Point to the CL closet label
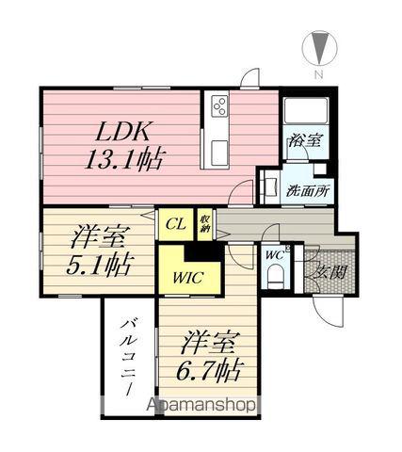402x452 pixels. pos(175,223)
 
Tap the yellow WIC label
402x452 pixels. pos(185,277)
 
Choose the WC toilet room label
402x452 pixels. pos(274,254)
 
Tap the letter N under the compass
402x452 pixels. pos(319,73)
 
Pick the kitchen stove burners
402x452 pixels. pos(219,107)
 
